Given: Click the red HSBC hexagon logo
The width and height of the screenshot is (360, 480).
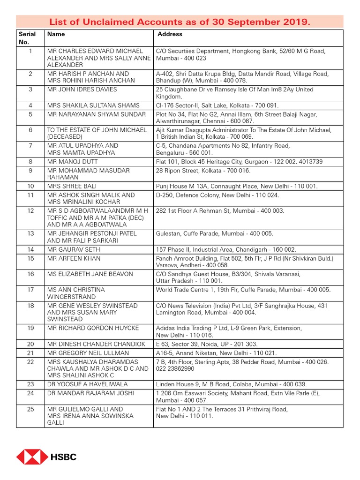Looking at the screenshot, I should (32, 457).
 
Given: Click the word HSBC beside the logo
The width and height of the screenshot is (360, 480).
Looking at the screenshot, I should (64, 457).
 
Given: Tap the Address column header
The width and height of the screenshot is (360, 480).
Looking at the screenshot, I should (170, 34).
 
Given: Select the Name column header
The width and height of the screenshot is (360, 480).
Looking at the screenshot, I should (56, 34).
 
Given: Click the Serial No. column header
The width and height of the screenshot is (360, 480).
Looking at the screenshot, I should (27, 38).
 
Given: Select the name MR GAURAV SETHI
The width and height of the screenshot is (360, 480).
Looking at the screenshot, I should (75, 250).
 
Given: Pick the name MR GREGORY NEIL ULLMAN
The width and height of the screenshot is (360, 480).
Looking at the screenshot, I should (88, 352).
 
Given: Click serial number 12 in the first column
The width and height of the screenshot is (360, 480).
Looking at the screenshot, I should (30, 211).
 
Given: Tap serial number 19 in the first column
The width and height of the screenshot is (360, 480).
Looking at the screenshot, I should (30, 328).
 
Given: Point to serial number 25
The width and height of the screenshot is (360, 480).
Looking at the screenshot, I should (30, 409).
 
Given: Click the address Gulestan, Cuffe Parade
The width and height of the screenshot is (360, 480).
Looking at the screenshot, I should (214, 233).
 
